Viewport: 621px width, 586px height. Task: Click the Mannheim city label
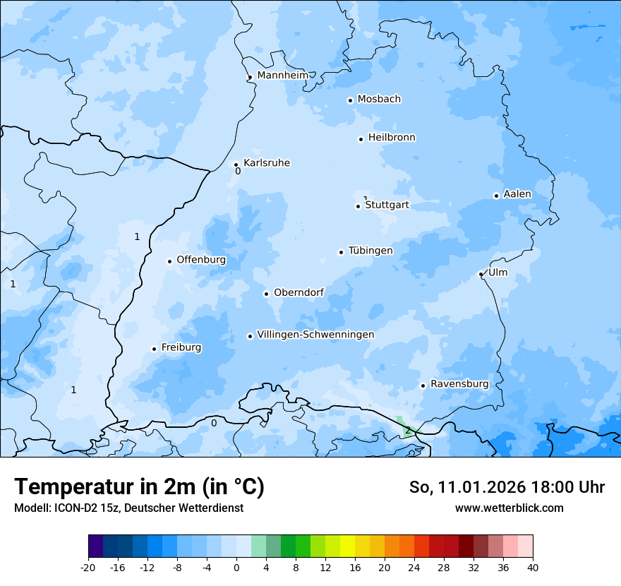[x=282, y=76]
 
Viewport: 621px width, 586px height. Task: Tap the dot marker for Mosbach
[x=350, y=100]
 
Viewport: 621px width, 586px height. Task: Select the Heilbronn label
[x=392, y=138]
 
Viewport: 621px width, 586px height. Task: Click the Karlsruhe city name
[x=267, y=163]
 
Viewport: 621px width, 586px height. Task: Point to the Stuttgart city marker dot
[x=358, y=206]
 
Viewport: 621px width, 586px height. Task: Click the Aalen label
[x=517, y=194]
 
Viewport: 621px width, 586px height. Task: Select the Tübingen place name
[x=370, y=251]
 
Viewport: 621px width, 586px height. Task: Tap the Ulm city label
[x=498, y=273]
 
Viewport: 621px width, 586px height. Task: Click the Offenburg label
[x=201, y=260]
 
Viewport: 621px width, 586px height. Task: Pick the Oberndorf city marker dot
[x=266, y=294]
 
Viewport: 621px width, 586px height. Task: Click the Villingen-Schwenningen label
[x=315, y=335]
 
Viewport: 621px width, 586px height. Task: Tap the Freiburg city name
[x=181, y=347]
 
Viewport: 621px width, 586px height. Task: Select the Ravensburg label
[x=459, y=384]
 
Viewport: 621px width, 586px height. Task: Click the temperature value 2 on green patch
[x=407, y=431]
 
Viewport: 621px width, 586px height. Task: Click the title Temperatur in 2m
[x=139, y=486]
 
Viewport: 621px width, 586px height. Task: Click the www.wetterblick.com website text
[x=509, y=508]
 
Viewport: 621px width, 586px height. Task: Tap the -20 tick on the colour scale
[x=88, y=567]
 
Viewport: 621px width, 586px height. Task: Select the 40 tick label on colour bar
[x=532, y=567]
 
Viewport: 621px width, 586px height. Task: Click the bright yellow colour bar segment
[x=347, y=546]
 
